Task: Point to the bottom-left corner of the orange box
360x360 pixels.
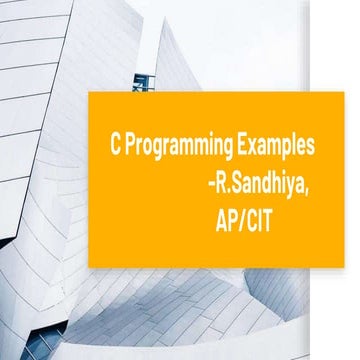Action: pyautogui.click(x=89, y=267)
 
